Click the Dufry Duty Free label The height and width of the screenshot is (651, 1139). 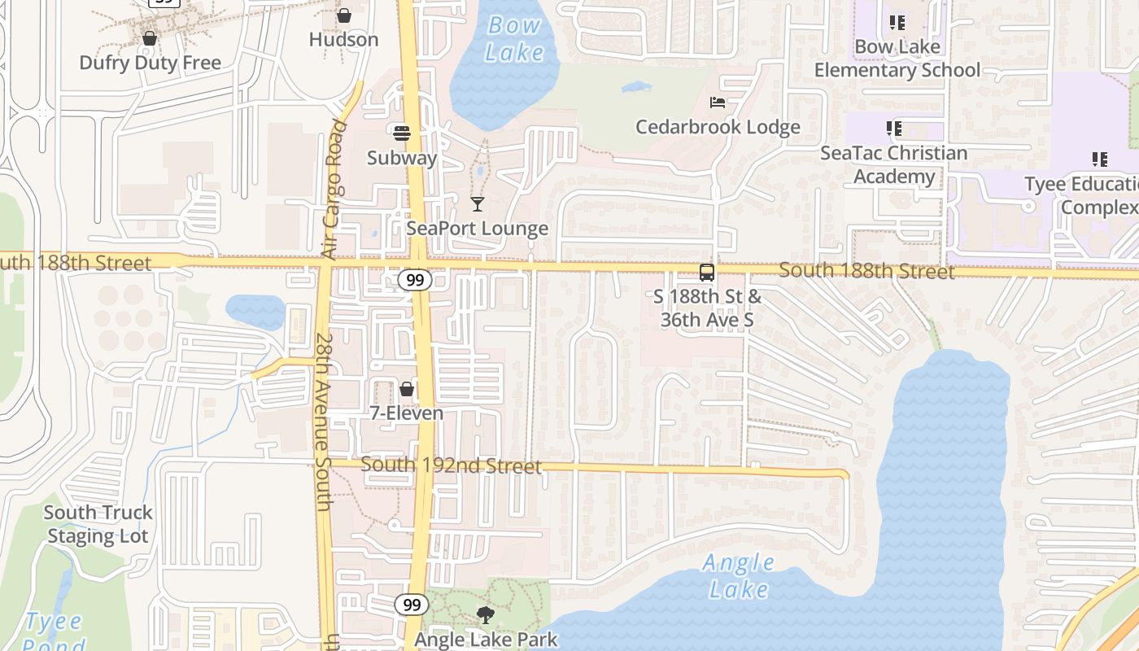click(x=150, y=63)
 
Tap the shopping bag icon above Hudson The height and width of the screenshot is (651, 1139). click(x=344, y=15)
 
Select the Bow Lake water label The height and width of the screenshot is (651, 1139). click(x=514, y=38)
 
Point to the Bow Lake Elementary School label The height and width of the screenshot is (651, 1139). click(x=897, y=59)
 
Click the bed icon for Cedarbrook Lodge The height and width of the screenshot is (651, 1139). click(x=718, y=103)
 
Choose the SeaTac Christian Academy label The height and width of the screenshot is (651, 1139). click(x=893, y=164)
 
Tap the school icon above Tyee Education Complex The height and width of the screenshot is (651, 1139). click(x=1100, y=159)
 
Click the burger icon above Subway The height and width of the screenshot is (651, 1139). click(x=402, y=133)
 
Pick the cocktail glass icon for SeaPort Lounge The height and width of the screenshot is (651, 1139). click(x=478, y=203)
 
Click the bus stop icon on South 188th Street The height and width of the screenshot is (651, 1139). click(x=707, y=273)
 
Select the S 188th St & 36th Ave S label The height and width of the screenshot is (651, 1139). click(x=707, y=308)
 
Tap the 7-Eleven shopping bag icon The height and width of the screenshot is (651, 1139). click(x=407, y=389)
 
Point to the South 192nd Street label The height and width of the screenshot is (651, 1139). click(x=451, y=465)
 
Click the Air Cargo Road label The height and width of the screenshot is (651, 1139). click(x=334, y=190)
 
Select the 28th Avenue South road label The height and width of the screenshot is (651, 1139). click(x=323, y=422)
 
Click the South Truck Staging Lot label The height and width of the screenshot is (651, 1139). click(x=98, y=524)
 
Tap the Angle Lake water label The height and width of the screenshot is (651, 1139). click(x=739, y=575)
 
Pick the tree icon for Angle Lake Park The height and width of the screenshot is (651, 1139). click(x=486, y=614)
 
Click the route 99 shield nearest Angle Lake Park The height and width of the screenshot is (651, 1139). click(x=412, y=605)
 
